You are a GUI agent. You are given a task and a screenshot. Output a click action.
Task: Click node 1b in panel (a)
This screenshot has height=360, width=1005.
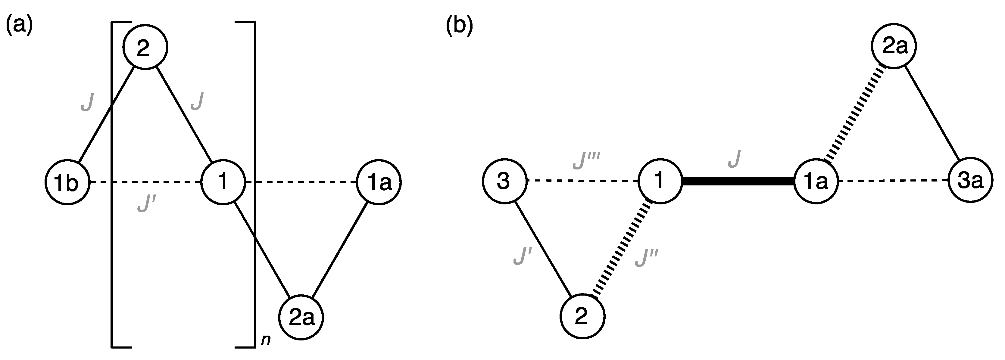click(x=67, y=182)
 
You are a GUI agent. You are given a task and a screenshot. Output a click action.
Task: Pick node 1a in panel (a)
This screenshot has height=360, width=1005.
click(x=379, y=182)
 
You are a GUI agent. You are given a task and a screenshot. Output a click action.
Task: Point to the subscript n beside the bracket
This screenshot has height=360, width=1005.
click(x=266, y=340)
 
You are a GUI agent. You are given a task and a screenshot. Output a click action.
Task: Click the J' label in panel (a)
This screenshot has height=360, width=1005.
click(x=147, y=204)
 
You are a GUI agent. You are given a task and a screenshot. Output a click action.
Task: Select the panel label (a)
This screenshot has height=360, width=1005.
click(x=19, y=27)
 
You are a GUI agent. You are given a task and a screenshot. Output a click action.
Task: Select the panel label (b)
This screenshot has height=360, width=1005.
click(x=459, y=27)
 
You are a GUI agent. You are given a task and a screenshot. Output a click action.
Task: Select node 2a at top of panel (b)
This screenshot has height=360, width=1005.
click(x=894, y=46)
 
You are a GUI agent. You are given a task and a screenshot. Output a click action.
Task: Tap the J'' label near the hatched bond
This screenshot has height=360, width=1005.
click(x=646, y=258)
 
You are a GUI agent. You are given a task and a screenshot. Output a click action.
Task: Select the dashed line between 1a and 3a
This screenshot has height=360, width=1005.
click(x=894, y=181)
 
